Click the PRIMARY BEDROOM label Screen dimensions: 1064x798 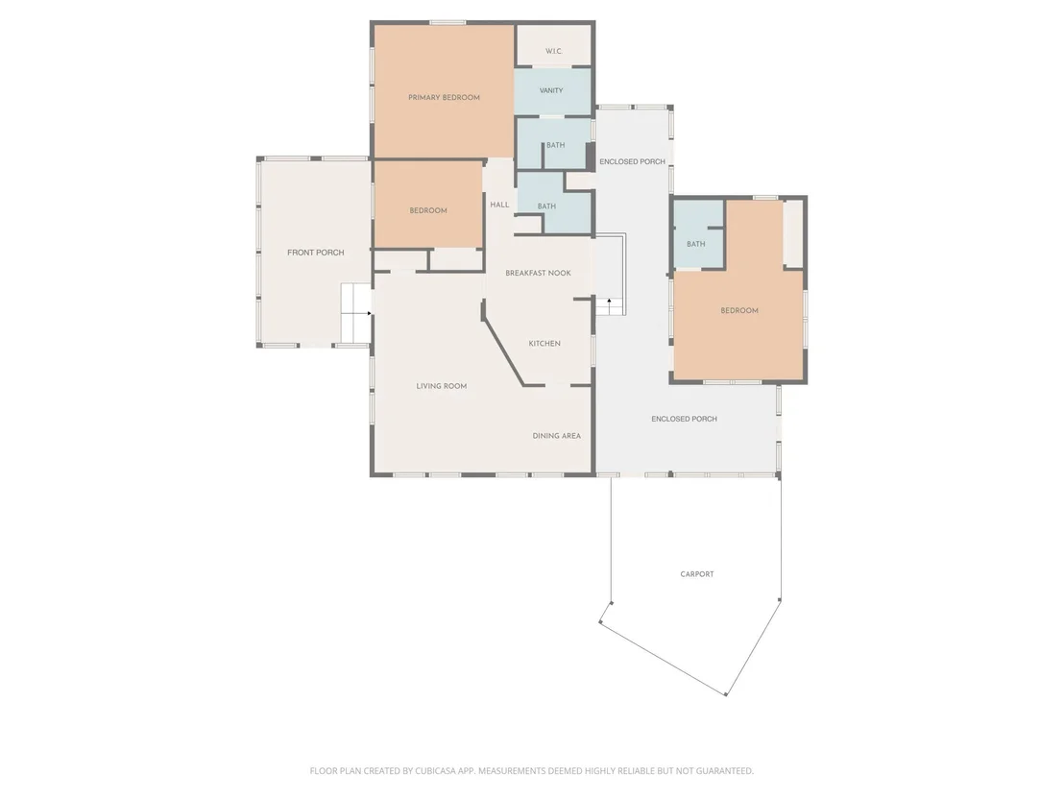[x=444, y=98]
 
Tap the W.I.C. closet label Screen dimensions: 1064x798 [x=554, y=52]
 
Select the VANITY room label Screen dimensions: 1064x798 [x=551, y=90]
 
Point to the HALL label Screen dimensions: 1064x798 [x=499, y=205]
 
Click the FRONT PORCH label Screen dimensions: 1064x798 [x=316, y=253]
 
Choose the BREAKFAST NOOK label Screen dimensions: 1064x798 [x=538, y=273]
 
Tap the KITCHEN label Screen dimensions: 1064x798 [x=544, y=344]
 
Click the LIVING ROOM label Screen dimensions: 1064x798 [x=441, y=386]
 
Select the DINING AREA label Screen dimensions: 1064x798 [x=556, y=436]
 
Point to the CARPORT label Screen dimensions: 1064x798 [x=697, y=574]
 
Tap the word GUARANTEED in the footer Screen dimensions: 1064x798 [x=724, y=771]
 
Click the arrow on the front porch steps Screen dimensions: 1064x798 [x=369, y=313]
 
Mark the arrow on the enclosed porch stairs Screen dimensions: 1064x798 [x=610, y=302]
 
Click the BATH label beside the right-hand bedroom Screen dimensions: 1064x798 [x=695, y=244]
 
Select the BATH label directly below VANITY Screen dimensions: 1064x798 [x=556, y=145]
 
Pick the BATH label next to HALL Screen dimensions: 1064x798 [x=546, y=206]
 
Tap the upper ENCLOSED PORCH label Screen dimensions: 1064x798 [x=633, y=161]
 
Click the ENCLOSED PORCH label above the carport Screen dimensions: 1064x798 [x=684, y=419]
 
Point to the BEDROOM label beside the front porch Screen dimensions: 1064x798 [x=428, y=210]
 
